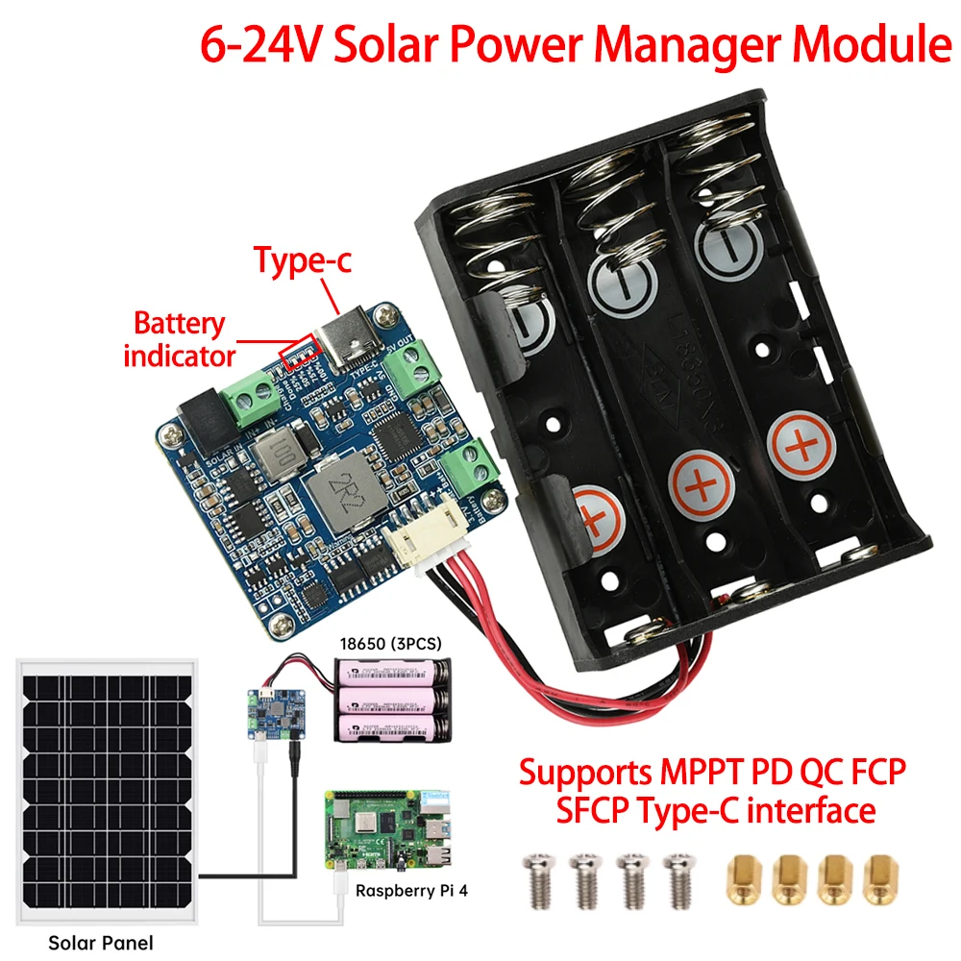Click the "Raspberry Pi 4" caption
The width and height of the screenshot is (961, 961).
tap(411, 891)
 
